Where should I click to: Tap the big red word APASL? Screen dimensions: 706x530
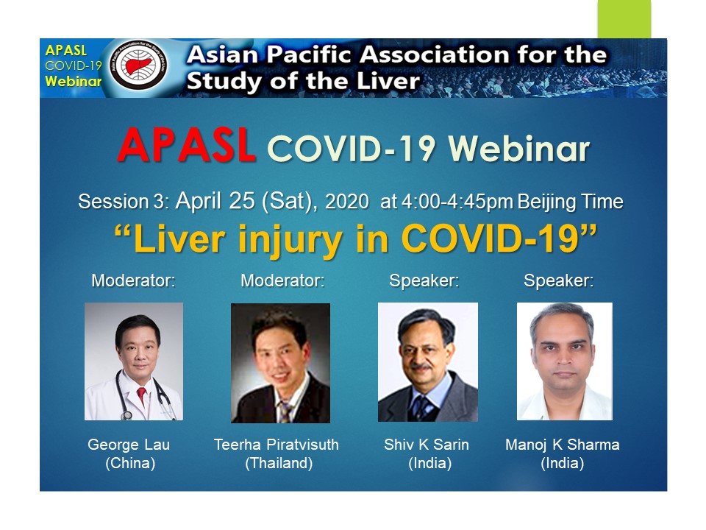coord(186,145)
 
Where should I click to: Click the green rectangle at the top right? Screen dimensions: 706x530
coord(624,19)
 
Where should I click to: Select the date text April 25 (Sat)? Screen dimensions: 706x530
coord(246,200)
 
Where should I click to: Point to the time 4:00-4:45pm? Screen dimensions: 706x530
coord(457,202)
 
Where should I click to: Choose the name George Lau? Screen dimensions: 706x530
coord(129,445)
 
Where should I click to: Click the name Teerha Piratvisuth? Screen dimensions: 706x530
coord(276,445)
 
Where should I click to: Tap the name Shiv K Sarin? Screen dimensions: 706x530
coord(427,445)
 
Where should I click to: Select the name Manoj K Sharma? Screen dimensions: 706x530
coord(563,445)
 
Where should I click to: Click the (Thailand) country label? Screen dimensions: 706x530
coord(279,463)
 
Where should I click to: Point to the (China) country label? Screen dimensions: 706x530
coord(130,463)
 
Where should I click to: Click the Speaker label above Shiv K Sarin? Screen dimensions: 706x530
coord(424,280)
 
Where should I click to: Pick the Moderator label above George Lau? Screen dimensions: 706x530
coord(133,280)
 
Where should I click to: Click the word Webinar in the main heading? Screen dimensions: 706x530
coord(518,148)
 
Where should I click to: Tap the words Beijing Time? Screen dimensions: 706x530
coord(571,202)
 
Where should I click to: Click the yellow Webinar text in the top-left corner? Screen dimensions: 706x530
coord(73,82)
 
